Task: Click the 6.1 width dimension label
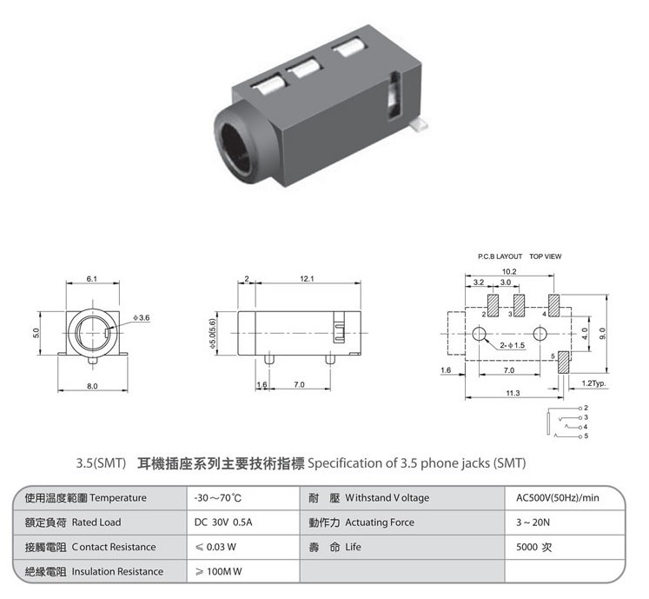(x=91, y=279)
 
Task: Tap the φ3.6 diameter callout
(x=141, y=317)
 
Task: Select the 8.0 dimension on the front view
(x=92, y=386)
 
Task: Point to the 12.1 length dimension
(x=307, y=279)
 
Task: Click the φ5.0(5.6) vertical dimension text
(x=213, y=334)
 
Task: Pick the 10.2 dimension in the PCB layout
(x=509, y=272)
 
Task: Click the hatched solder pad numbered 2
(x=493, y=306)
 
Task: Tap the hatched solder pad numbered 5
(x=563, y=363)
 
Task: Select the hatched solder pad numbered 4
(x=553, y=306)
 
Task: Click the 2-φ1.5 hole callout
(x=512, y=345)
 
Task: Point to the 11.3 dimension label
(x=513, y=393)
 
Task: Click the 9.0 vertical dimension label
(x=602, y=334)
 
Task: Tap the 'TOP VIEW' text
(x=545, y=256)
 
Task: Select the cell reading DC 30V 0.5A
(x=223, y=522)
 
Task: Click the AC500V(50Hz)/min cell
(x=557, y=498)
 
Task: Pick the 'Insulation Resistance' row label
(x=117, y=572)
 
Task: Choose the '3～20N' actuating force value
(x=533, y=522)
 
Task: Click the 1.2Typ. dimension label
(x=593, y=383)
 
